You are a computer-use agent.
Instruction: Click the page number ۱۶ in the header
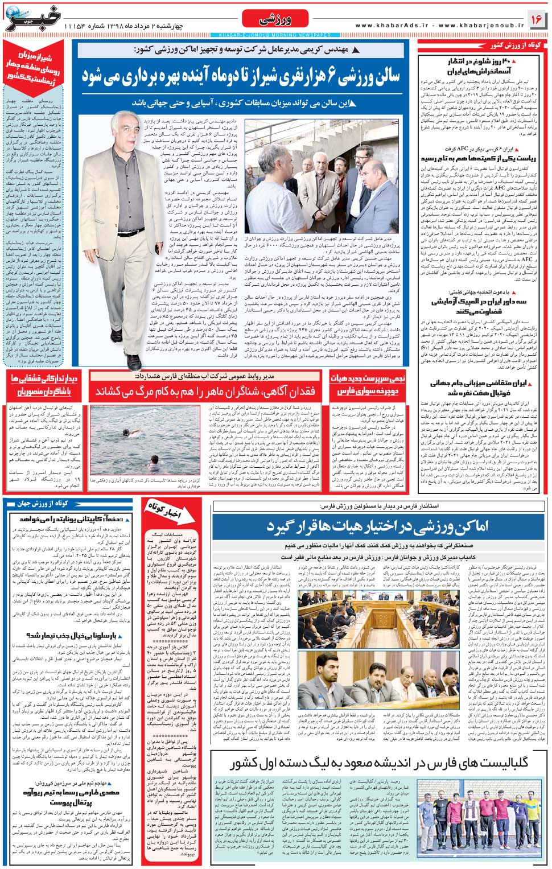(x=536, y=19)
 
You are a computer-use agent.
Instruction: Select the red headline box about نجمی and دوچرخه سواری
(x=368, y=385)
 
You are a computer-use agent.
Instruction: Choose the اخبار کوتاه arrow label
(x=166, y=509)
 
